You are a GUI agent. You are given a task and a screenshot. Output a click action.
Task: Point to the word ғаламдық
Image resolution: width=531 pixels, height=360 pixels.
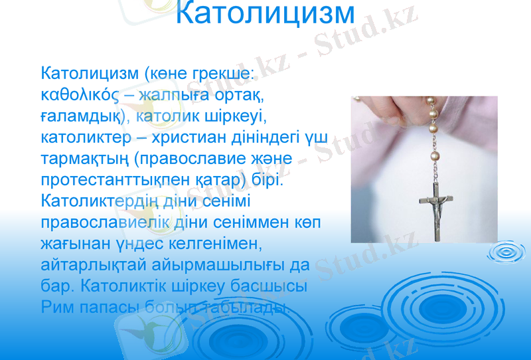81,117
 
